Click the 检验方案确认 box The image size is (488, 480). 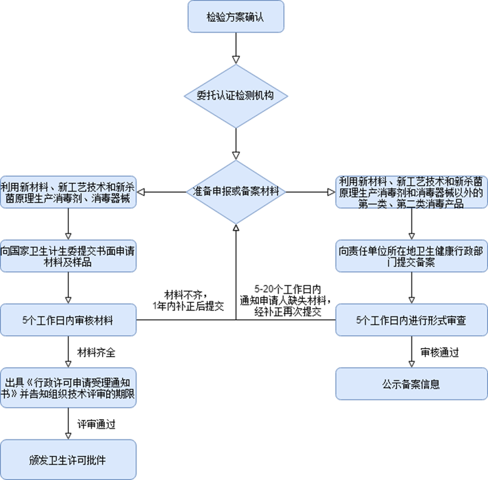(x=235, y=17)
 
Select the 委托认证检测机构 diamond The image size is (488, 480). (x=235, y=96)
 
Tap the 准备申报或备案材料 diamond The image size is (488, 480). (x=235, y=192)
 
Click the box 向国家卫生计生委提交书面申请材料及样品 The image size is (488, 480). (x=68, y=256)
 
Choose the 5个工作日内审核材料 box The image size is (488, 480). (x=68, y=320)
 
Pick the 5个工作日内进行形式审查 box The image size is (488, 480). (x=411, y=320)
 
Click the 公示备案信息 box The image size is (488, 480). (x=411, y=385)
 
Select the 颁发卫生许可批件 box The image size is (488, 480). (x=68, y=460)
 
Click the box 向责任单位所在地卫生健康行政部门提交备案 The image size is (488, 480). (x=411, y=256)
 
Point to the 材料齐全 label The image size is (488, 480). (x=96, y=354)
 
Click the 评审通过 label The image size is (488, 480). (x=96, y=422)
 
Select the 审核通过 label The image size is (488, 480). (x=439, y=353)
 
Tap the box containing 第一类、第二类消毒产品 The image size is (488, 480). (x=411, y=192)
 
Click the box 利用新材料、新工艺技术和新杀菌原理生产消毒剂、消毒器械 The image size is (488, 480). (x=68, y=192)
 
